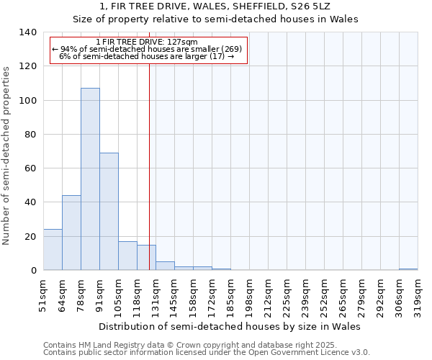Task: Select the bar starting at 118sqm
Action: (146, 257)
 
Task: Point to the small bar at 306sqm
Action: (408, 269)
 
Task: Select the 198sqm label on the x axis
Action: (249, 294)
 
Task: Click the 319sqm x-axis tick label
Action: (418, 294)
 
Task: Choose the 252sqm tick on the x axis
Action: (324, 294)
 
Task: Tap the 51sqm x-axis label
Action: (43, 294)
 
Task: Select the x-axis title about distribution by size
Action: (229, 326)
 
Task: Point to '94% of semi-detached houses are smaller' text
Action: (148, 49)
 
